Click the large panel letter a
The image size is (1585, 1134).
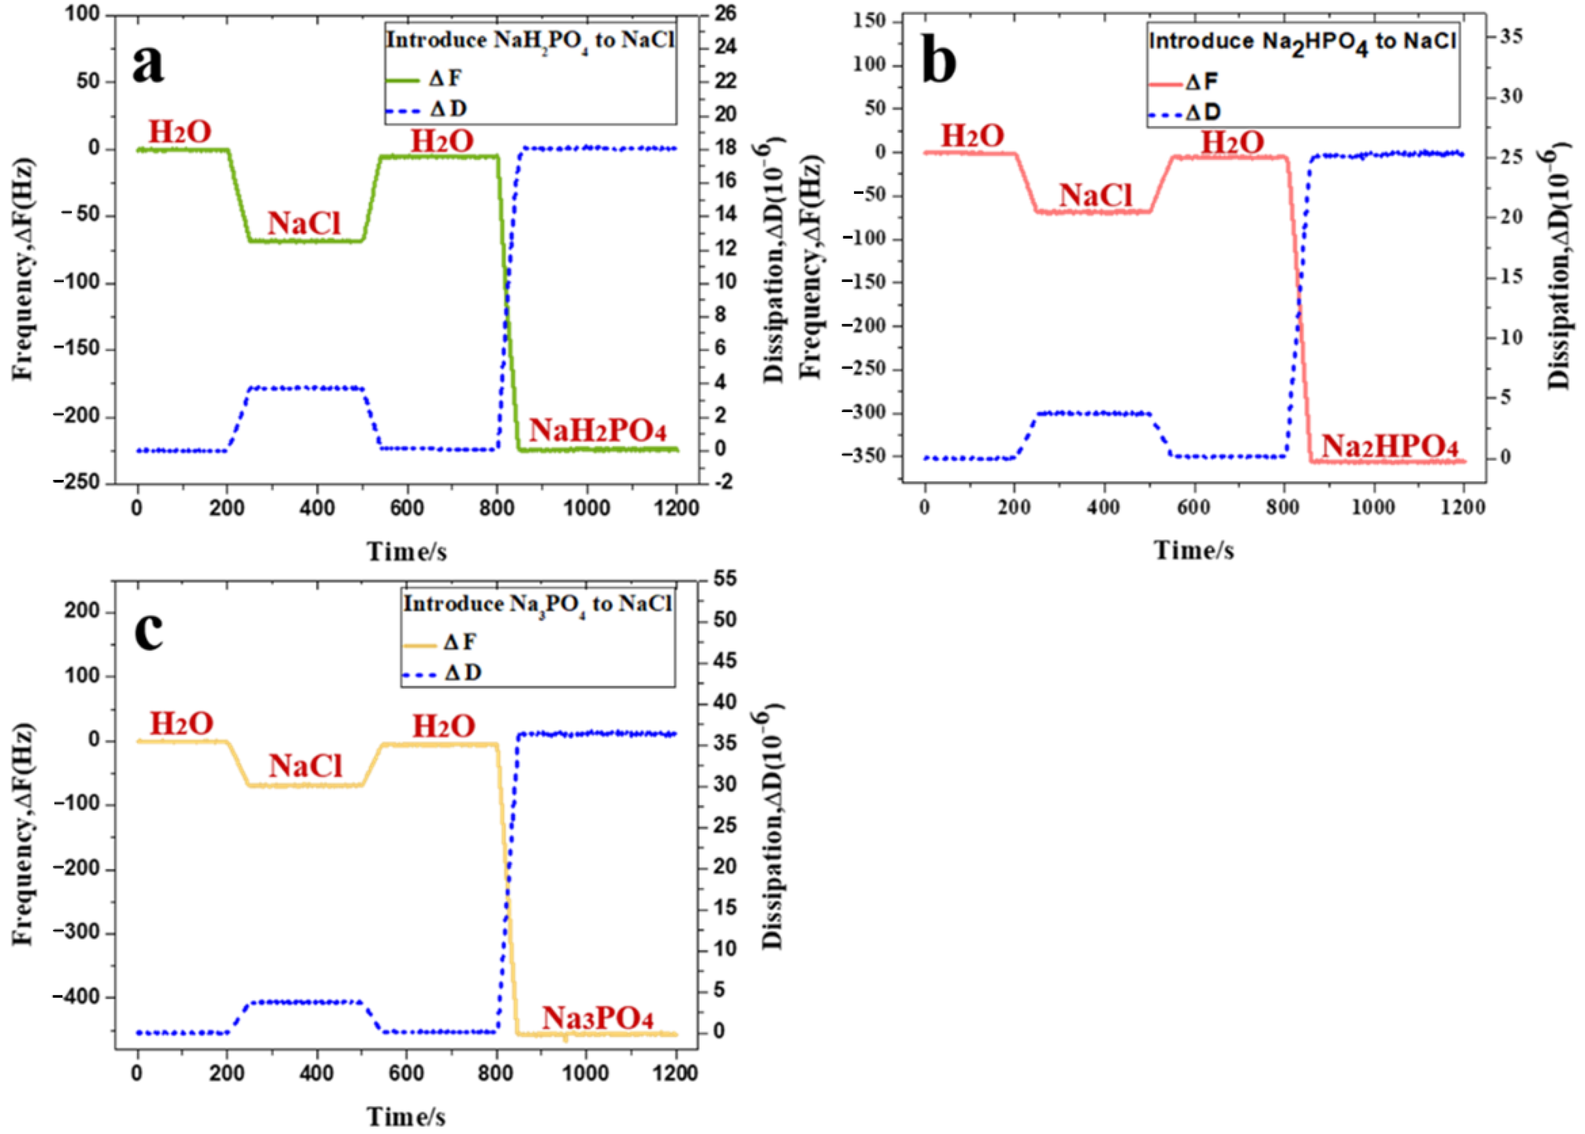(x=148, y=64)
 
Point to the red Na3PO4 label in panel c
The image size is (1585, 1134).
(x=598, y=1019)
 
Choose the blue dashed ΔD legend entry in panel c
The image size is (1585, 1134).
(x=441, y=673)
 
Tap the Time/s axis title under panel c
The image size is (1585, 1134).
(x=407, y=1117)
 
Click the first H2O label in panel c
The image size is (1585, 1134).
(x=181, y=724)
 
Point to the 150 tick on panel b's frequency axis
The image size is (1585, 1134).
(x=869, y=21)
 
